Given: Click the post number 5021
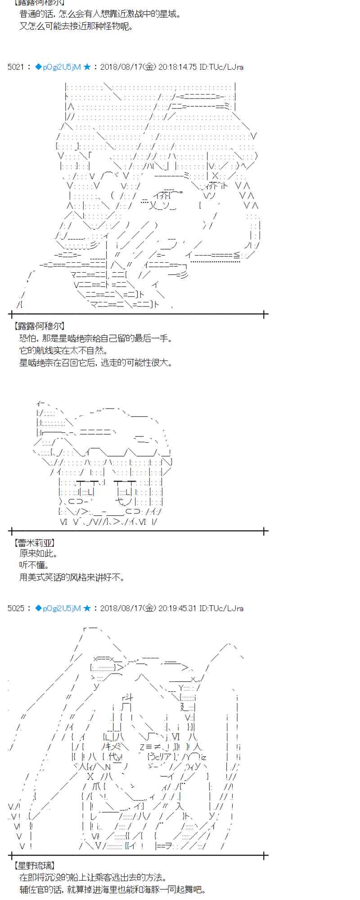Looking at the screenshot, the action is click(15, 67).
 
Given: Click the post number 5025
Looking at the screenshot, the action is click(15, 608).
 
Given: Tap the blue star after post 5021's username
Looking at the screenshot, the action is click(87, 67).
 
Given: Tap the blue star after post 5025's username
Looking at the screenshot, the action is click(87, 608).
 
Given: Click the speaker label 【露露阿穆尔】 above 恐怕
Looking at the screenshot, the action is click(39, 326).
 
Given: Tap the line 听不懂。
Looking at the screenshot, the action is click(35, 565).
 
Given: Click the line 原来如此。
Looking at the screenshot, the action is click(39, 554).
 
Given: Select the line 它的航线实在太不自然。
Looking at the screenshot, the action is click(63, 351).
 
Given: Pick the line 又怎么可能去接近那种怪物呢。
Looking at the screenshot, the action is click(76, 26).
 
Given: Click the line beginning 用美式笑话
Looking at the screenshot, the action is click(72, 577).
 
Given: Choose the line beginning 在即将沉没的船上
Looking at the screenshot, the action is click(93, 877).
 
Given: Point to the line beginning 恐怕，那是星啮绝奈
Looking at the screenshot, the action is click(96, 338).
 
